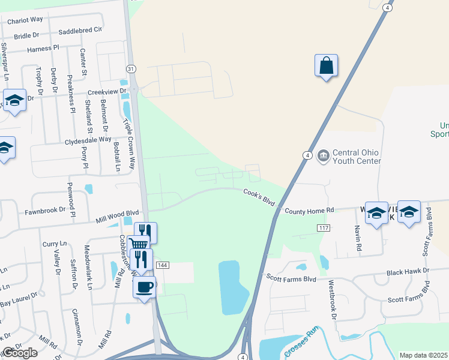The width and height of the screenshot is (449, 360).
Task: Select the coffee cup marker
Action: point(144,286)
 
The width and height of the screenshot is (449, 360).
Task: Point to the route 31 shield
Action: point(131,69)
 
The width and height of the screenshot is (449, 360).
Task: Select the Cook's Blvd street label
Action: point(259,197)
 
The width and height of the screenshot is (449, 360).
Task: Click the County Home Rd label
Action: point(309,211)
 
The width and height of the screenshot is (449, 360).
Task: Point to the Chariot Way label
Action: point(25,20)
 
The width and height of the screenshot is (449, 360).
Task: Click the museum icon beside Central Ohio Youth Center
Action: point(323,156)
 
